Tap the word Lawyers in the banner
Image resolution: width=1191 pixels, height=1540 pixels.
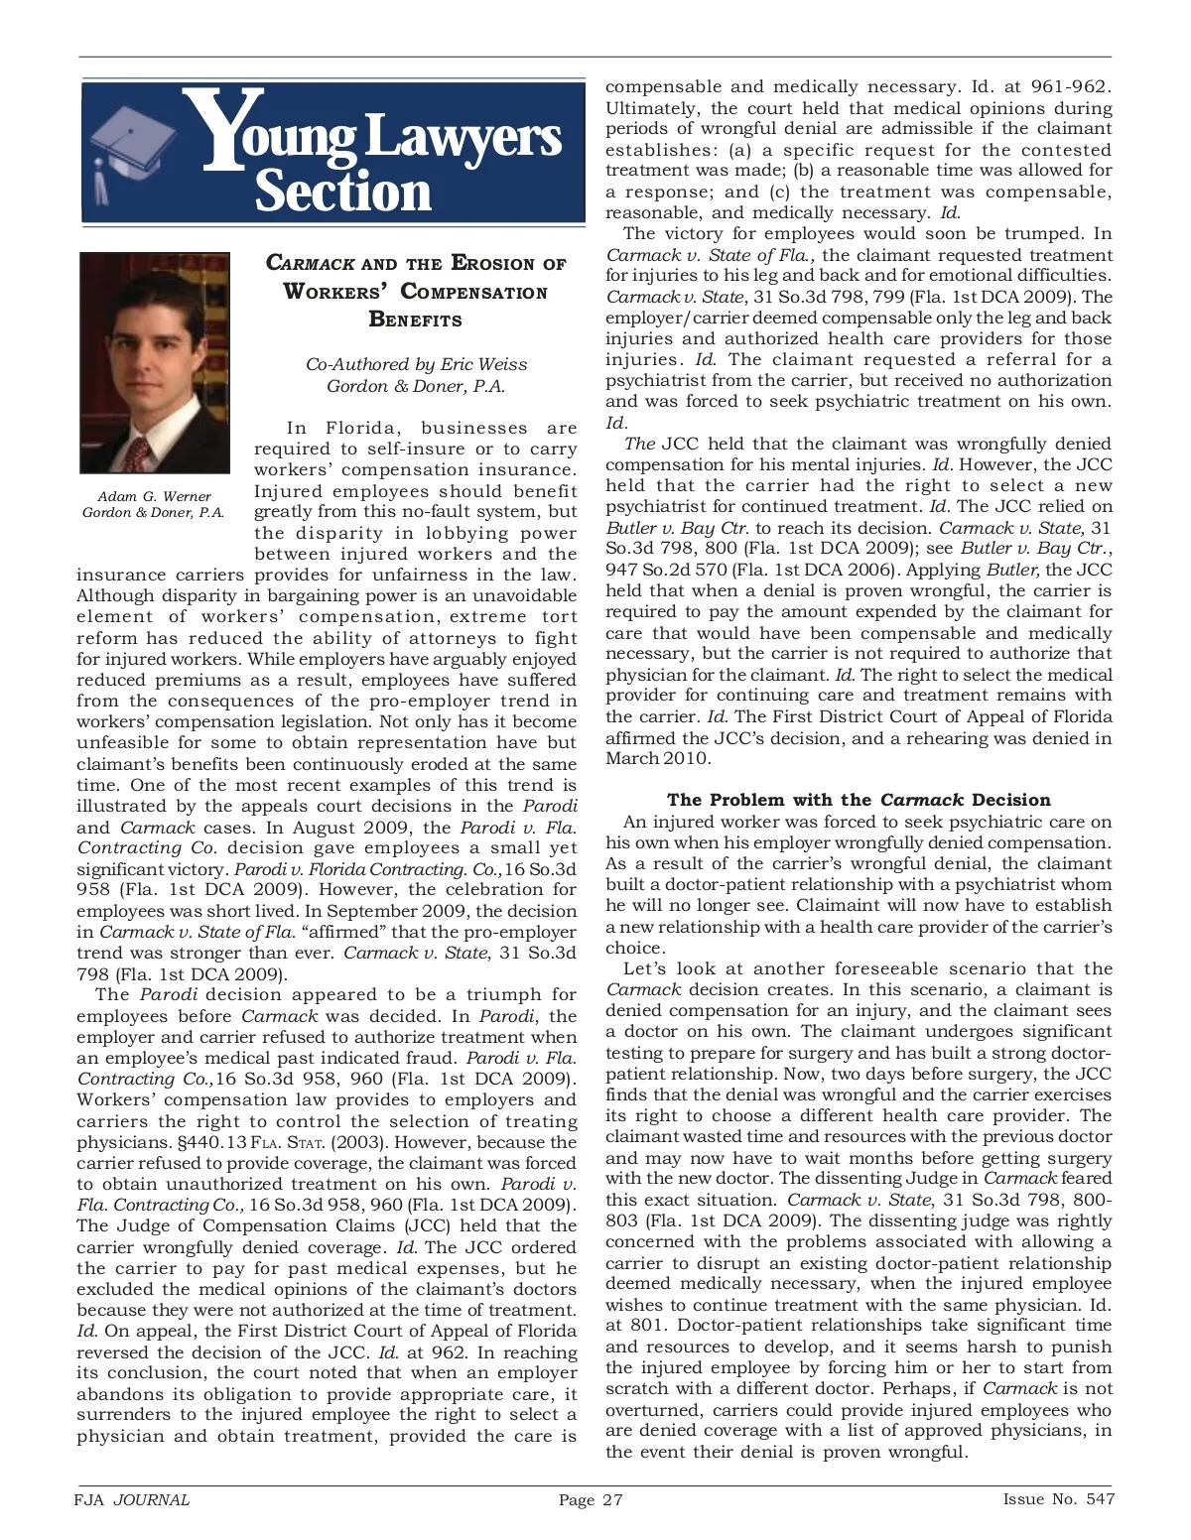463,136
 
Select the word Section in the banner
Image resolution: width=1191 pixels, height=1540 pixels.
343,192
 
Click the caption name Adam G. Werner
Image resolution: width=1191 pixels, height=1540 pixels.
154,496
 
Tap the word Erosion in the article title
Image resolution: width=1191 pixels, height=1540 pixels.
493,263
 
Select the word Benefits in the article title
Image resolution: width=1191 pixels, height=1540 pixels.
415,320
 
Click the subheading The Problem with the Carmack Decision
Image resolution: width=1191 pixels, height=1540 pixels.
859,800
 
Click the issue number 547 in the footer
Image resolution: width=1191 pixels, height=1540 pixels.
1100,1499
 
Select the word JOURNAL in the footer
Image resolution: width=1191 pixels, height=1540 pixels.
152,1499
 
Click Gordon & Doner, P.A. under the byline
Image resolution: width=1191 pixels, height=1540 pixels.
416,386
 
